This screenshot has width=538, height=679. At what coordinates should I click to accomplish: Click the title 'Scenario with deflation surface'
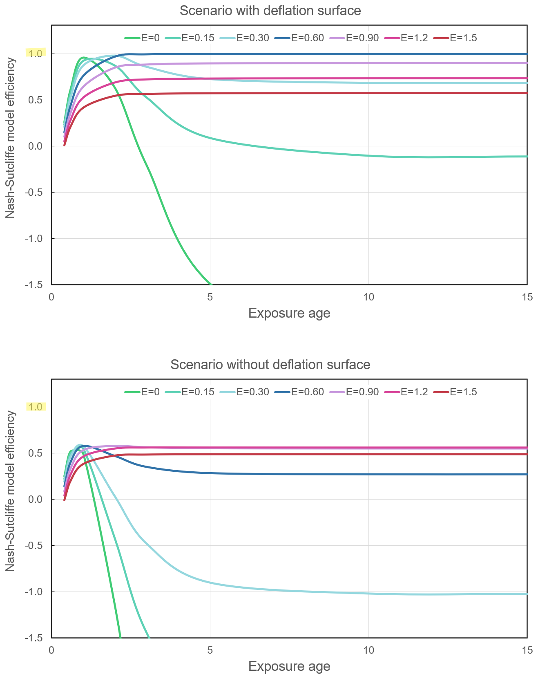coord(270,11)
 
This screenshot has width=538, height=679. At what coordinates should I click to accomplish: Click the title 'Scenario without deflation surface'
coord(270,364)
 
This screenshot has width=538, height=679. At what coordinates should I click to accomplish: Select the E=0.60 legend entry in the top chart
coord(300,38)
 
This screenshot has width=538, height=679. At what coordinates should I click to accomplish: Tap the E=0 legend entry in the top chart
coord(142,38)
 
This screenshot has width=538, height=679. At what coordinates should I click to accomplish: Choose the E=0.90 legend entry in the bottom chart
coord(355,392)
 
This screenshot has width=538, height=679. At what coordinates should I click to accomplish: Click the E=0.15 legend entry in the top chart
coord(190,38)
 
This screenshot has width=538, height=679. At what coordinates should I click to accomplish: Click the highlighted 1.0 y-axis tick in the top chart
coord(36,54)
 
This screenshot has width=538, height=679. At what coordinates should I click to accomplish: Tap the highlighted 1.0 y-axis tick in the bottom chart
coord(36,407)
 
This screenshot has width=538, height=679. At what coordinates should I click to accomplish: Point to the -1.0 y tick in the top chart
coord(35,239)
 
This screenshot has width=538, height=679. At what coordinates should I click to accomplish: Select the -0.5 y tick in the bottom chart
coord(35,546)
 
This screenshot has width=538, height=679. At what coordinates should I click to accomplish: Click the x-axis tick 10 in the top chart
coord(368,297)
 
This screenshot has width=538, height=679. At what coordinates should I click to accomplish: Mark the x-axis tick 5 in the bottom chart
coord(210,650)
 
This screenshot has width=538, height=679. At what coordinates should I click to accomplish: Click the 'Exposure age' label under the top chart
coord(289,314)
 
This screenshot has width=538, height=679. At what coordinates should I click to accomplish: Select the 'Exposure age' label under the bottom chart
coord(289,667)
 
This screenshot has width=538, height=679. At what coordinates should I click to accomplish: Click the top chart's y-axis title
coord(11,138)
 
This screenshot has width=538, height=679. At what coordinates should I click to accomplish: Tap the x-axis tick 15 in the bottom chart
coord(527,650)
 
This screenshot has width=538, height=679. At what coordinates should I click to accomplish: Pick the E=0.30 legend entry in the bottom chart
coord(245,392)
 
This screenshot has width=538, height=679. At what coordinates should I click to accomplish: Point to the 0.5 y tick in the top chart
coord(36,100)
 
